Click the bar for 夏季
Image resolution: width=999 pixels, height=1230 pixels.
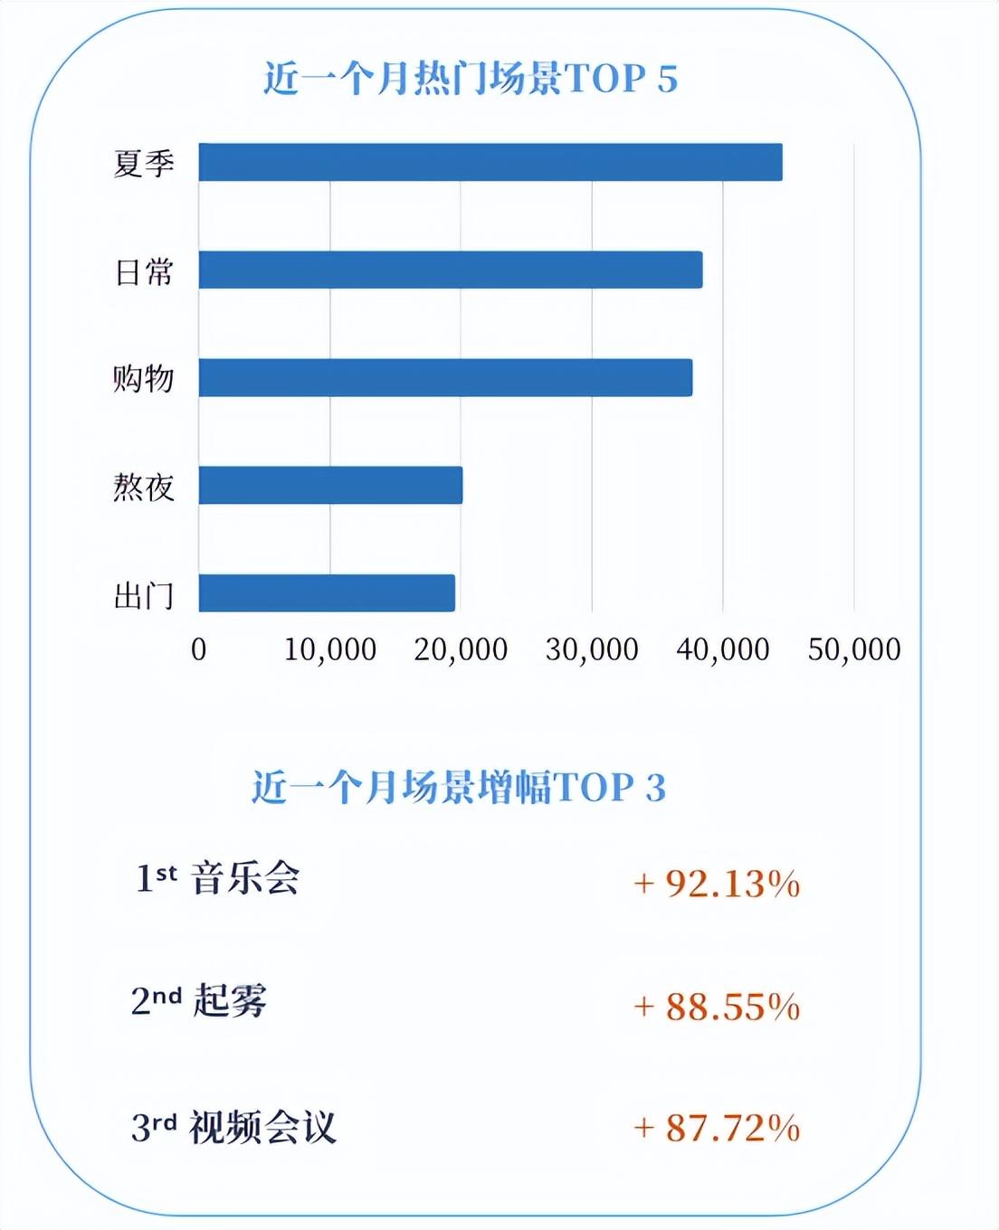point(490,163)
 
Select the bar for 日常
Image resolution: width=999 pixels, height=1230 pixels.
point(451,270)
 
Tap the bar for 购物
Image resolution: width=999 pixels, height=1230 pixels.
point(445,378)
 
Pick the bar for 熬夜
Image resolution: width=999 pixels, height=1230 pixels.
point(330,486)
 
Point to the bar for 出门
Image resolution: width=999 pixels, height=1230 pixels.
point(327,593)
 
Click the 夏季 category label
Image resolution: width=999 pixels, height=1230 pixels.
point(144,164)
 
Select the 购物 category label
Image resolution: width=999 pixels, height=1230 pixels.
point(144,379)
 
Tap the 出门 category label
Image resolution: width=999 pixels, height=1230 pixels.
point(144,596)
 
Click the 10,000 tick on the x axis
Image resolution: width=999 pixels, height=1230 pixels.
point(330,649)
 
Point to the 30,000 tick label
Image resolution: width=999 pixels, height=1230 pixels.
point(592,649)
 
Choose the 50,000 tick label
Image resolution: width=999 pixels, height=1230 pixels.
point(854,649)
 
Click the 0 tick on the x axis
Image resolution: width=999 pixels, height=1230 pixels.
point(199,649)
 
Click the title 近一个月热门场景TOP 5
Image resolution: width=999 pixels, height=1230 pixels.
point(471,79)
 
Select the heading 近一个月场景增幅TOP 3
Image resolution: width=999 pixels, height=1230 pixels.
point(459,788)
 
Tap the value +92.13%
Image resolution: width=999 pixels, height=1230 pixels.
point(717,884)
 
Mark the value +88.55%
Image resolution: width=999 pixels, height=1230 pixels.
point(717,1007)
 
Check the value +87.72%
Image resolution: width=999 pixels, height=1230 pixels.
point(717,1129)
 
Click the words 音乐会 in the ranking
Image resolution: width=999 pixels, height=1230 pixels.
point(245,878)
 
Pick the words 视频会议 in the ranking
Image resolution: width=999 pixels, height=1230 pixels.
point(262,1128)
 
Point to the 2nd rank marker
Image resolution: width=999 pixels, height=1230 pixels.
point(156,1001)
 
